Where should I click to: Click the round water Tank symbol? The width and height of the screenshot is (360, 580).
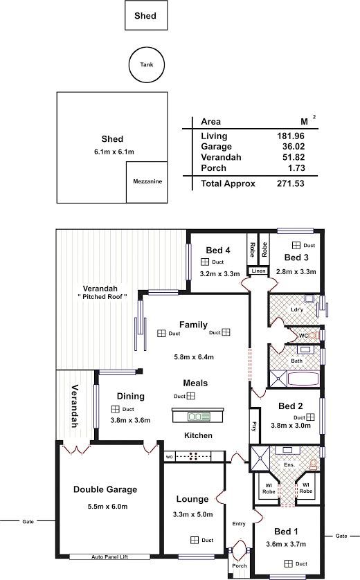click(146, 65)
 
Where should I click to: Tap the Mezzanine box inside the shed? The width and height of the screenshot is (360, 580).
click(147, 182)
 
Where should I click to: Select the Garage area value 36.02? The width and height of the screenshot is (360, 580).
click(294, 147)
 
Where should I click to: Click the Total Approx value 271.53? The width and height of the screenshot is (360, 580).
click(291, 183)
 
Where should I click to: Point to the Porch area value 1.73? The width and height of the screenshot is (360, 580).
click(296, 168)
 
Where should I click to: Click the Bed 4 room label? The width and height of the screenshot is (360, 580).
click(218, 251)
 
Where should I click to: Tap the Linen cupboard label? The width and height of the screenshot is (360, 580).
click(259, 271)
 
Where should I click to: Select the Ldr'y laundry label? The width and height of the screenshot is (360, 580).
click(297, 309)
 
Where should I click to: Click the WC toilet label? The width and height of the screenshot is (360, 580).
click(303, 336)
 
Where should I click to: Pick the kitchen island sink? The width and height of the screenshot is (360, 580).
click(199, 417)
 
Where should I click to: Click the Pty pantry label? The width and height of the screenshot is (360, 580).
click(254, 426)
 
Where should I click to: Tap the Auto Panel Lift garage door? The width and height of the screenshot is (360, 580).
click(109, 556)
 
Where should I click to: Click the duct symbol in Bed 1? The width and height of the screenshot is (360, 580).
click(289, 563)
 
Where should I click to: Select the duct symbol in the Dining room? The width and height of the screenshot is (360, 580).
click(116, 409)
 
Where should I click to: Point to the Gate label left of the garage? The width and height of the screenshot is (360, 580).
click(28, 522)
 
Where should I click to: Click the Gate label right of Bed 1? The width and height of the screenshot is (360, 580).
click(341, 536)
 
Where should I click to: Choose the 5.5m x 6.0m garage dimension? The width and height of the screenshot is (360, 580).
click(108, 507)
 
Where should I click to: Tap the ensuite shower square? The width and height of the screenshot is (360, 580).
click(260, 458)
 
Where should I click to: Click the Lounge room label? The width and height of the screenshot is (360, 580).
click(192, 499)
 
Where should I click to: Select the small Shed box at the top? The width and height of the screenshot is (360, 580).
click(146, 15)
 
